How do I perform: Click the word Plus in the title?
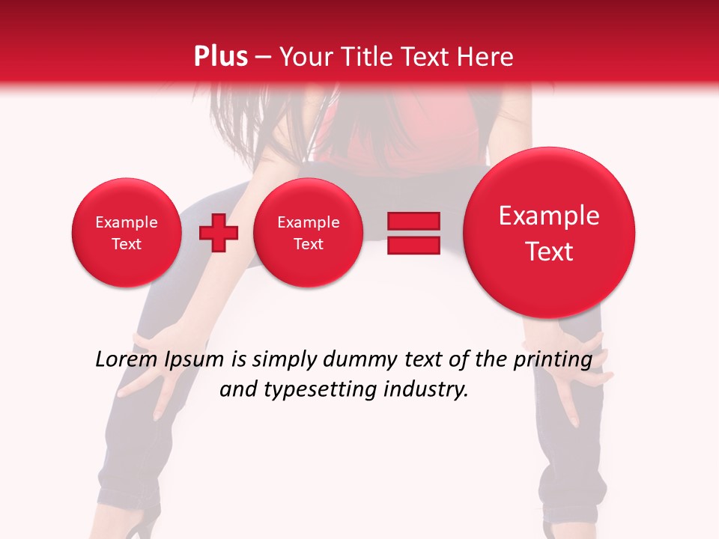[x=221, y=57]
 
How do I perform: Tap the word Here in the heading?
[x=484, y=57]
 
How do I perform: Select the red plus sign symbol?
[x=219, y=233]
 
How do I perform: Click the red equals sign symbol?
[x=413, y=233]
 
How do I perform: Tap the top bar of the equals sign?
[x=413, y=221]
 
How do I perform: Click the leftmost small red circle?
[x=127, y=233]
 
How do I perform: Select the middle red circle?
[x=308, y=233]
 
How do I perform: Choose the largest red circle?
[x=549, y=233]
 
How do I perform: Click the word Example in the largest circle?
[x=549, y=216]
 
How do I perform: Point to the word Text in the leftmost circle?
[x=127, y=244]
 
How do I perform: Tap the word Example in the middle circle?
[x=308, y=222]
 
